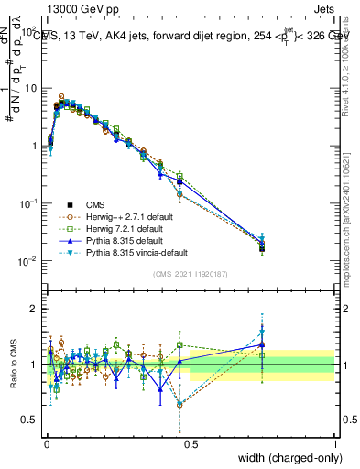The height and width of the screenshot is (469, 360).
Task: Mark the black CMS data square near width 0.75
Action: click(x=262, y=247)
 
